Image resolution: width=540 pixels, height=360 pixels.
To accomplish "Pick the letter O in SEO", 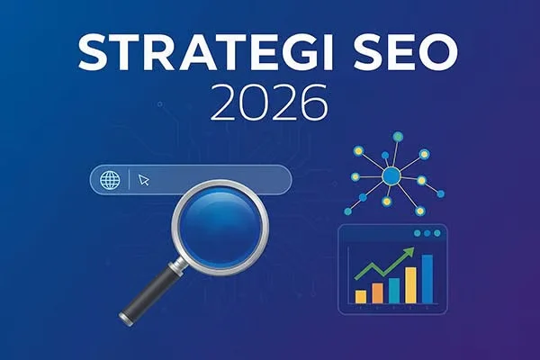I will click(439, 54).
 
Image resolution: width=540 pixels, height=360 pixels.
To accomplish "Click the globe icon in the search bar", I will click(111, 179).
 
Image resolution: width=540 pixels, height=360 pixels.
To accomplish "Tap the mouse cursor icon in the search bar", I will click(144, 180).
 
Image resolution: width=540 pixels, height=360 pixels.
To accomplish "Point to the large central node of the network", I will click(391, 176).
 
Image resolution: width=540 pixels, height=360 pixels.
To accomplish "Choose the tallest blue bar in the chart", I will click(427, 279).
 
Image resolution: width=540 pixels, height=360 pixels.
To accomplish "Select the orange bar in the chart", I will click(377, 292).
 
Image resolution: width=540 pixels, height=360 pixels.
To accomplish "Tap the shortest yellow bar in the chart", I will click(361, 296).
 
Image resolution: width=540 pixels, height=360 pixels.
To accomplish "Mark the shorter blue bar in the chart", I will click(393, 290).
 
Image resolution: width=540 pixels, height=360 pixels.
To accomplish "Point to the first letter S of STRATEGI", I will click(91, 54).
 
